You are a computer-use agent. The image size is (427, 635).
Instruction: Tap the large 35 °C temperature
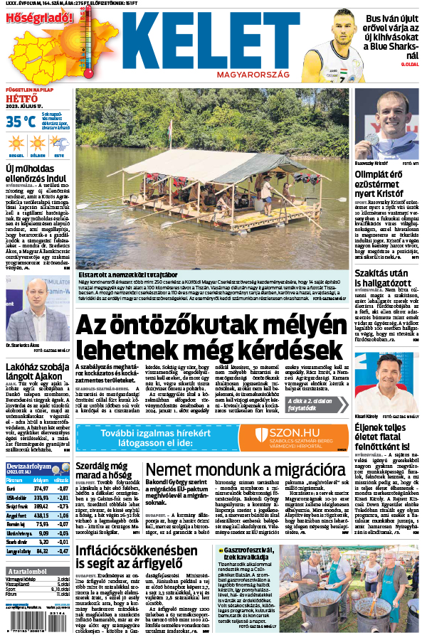point(21,122)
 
